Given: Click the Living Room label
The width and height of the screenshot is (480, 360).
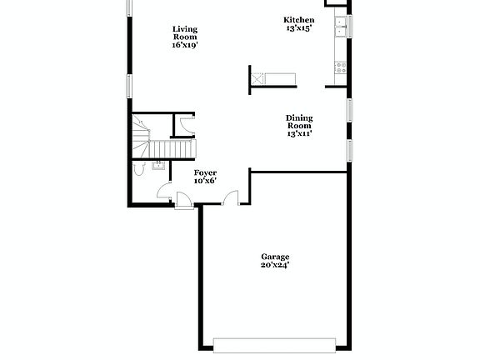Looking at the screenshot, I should click(185, 32).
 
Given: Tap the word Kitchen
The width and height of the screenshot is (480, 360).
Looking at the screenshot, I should click(299, 19).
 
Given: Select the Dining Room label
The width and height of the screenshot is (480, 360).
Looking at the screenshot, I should click(299, 122).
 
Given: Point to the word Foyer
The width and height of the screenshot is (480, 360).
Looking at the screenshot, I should click(205, 172).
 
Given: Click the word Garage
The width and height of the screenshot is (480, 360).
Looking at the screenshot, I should click(275, 257).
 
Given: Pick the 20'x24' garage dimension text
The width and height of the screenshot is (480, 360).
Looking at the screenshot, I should click(275, 266).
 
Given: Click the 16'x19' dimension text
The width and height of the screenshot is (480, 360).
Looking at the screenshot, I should click(185, 45).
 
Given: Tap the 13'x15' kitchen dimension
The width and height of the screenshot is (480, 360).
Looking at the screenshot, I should click(299, 27).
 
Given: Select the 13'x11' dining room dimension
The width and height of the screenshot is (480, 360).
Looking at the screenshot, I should click(299, 133).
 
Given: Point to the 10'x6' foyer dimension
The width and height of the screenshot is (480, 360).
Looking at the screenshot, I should click(205, 180).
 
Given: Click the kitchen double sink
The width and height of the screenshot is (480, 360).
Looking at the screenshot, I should click(342, 29).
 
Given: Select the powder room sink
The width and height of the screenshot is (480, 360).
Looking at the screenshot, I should click(157, 165).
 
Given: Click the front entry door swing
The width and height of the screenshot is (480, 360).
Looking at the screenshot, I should click(184, 200).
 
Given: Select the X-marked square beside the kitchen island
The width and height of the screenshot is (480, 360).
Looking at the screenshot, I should click(260, 79).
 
